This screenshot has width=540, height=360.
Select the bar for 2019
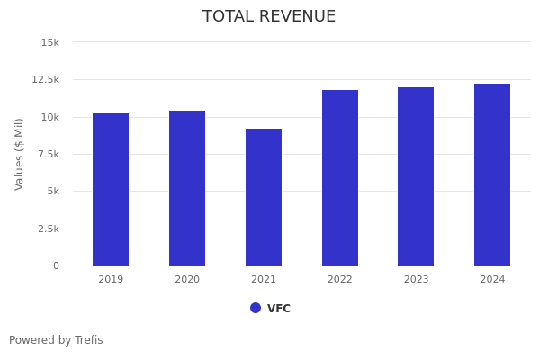point(111,189)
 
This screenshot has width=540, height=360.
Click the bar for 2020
point(187,188)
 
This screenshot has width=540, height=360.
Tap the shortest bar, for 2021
point(264,197)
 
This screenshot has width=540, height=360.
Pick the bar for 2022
point(340,177)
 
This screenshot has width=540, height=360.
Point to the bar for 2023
point(416,176)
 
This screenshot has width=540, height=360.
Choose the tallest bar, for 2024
point(492,175)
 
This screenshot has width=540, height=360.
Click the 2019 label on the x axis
point(111,280)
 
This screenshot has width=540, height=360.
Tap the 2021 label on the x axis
point(264,280)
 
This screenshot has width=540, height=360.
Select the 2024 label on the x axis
point(492,280)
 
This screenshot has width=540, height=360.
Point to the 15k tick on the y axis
point(50,42)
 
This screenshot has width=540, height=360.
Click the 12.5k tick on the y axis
point(46,80)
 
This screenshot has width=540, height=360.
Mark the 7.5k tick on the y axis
point(49,155)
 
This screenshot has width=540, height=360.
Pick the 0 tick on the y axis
point(56,266)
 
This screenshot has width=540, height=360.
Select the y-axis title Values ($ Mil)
point(20,154)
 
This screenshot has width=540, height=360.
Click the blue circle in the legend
point(256,308)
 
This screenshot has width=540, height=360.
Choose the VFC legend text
point(279,309)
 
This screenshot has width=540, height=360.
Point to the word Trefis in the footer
point(88,340)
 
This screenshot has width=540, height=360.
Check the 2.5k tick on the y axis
point(49,229)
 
